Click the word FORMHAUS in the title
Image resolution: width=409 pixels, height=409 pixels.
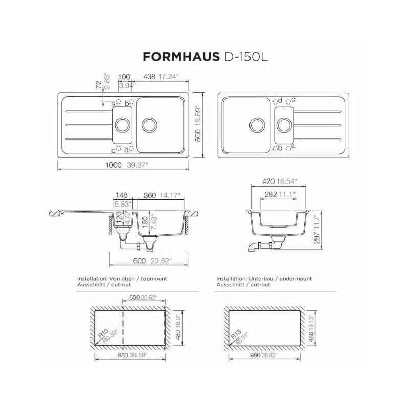(x=181, y=57)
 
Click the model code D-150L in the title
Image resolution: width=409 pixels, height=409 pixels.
(x=246, y=57)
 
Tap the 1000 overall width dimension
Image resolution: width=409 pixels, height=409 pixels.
(x=113, y=165)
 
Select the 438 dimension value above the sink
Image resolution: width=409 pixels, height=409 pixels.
(x=149, y=76)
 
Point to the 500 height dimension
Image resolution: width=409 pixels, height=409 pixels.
(x=198, y=135)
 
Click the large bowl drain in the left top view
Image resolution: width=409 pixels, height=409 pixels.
(x=149, y=125)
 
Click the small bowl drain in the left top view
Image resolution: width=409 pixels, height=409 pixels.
(x=122, y=125)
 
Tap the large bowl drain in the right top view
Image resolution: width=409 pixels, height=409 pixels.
(x=257, y=125)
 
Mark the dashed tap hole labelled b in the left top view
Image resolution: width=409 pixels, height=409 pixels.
(x=131, y=101)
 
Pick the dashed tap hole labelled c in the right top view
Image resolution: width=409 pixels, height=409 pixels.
(x=288, y=102)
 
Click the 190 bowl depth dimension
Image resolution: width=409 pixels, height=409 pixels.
(x=145, y=222)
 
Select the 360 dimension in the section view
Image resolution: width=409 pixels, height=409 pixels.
(x=150, y=195)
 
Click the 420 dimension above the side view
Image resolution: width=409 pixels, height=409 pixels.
(x=268, y=181)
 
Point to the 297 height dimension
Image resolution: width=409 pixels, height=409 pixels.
(x=316, y=238)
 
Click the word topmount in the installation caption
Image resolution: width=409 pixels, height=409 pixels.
(x=154, y=279)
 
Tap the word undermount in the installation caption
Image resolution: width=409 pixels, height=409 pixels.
(x=296, y=279)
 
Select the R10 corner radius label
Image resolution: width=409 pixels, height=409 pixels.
(x=103, y=333)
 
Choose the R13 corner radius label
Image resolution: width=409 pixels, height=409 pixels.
(x=236, y=334)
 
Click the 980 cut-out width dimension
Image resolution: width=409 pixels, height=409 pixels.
(x=123, y=355)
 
